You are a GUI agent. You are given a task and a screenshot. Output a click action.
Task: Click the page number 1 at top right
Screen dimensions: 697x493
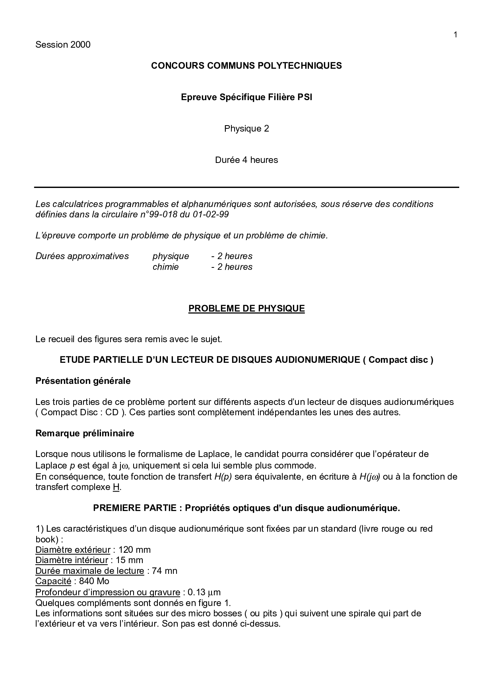click(455, 35)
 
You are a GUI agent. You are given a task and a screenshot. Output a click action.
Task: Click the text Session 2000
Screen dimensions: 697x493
click(63, 45)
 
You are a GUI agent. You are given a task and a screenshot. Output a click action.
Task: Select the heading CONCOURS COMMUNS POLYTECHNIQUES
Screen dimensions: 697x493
click(246, 66)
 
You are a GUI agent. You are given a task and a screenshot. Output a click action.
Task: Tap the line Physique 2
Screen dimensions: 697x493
click(246, 128)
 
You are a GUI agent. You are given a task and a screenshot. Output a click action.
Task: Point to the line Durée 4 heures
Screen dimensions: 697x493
click(246, 160)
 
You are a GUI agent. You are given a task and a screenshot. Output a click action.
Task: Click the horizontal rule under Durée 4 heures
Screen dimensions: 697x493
click(246, 187)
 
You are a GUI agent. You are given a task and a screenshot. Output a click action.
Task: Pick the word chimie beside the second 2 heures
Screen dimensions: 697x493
click(165, 267)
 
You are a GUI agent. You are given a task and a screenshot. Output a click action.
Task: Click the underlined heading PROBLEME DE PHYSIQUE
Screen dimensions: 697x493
click(246, 309)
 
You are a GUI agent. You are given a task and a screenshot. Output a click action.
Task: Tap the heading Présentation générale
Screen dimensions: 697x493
click(83, 381)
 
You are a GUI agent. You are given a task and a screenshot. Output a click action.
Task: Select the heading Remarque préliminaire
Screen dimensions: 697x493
click(85, 433)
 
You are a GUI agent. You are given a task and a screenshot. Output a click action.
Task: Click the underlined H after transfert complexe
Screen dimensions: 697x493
click(116, 487)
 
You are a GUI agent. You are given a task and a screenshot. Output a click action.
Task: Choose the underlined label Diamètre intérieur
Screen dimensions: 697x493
click(72, 560)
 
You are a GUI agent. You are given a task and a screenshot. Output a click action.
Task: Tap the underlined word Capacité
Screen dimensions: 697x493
click(53, 581)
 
